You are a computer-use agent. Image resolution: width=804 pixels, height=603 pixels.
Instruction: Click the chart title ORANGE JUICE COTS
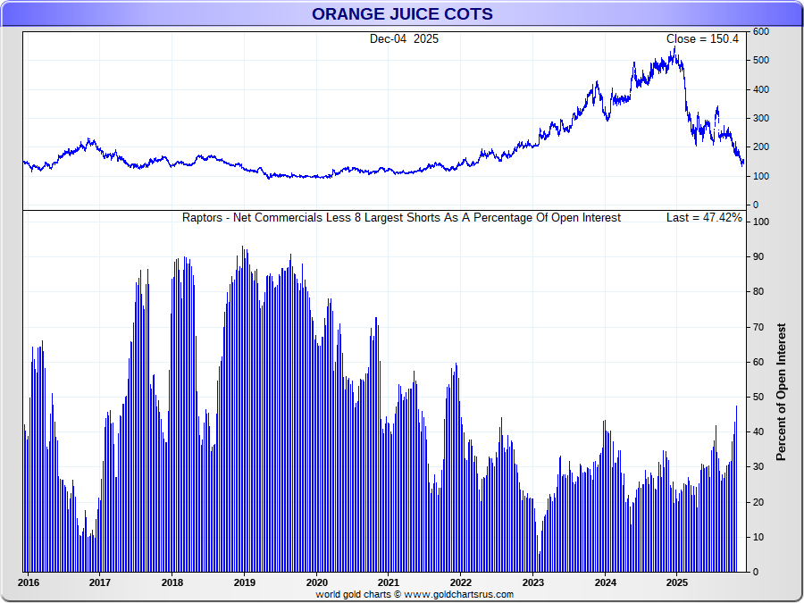pyautogui.click(x=402, y=14)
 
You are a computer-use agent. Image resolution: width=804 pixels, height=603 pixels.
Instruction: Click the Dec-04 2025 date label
pyautogui.click(x=404, y=39)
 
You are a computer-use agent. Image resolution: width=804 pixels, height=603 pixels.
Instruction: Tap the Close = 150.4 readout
pyautogui.click(x=702, y=39)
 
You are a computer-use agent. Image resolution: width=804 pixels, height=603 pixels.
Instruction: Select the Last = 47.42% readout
pyautogui.click(x=704, y=218)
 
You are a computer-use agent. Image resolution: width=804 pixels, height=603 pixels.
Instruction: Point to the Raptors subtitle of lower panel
pyautogui.click(x=401, y=218)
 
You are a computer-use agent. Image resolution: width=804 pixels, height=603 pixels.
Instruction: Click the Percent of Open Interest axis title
pyautogui.click(x=781, y=392)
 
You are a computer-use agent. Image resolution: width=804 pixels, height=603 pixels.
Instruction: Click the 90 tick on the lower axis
pyautogui.click(x=758, y=256)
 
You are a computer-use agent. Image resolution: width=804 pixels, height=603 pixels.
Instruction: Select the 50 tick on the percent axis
pyautogui.click(x=758, y=397)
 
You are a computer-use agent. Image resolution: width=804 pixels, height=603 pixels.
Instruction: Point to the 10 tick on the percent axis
pyautogui.click(x=758, y=537)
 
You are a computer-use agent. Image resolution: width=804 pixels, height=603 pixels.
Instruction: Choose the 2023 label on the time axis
pyautogui.click(x=533, y=582)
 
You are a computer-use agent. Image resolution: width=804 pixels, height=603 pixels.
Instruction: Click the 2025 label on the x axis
pyautogui.click(x=677, y=582)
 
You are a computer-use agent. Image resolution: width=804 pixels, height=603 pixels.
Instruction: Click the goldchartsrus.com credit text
pyautogui.click(x=415, y=595)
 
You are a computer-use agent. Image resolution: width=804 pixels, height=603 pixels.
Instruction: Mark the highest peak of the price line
pyautogui.click(x=675, y=49)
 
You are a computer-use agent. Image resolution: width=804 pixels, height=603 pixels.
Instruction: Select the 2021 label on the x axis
pyautogui.click(x=389, y=582)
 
